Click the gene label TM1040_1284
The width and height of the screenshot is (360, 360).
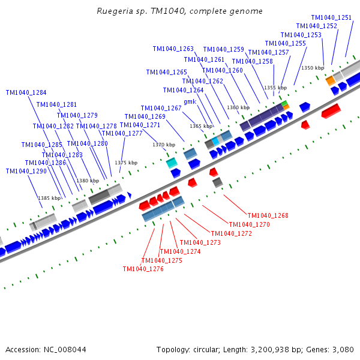(x=26, y=92)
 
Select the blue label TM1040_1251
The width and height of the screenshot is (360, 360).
(x=331, y=17)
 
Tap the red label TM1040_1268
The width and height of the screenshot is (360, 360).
(x=268, y=215)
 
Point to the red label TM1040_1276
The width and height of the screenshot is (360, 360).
(x=143, y=269)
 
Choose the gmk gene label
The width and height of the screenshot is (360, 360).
(x=190, y=101)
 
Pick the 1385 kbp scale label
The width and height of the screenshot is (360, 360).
(x=49, y=198)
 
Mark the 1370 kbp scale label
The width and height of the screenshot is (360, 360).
(x=164, y=145)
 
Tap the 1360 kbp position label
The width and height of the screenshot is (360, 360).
(x=237, y=107)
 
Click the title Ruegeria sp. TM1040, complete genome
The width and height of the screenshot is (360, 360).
(x=179, y=11)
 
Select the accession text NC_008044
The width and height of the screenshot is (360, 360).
(x=46, y=349)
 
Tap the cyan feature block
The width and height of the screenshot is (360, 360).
(x=172, y=162)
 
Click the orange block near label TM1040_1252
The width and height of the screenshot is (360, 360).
(x=330, y=80)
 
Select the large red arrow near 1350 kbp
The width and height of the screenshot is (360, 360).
(x=331, y=110)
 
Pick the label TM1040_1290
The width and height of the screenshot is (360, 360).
(x=26, y=171)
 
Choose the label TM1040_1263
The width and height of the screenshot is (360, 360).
(x=173, y=49)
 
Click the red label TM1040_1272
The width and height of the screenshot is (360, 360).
(x=232, y=233)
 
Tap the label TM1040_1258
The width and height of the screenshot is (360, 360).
(x=252, y=61)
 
